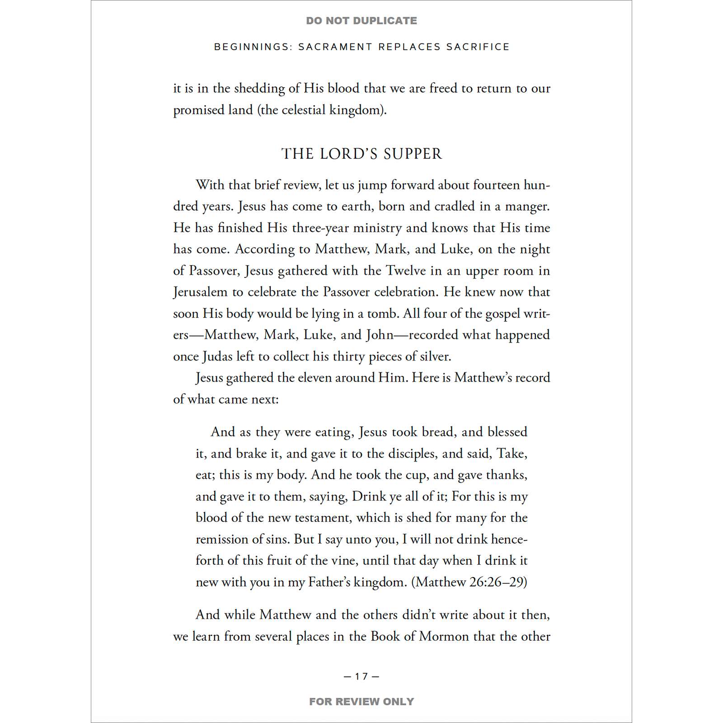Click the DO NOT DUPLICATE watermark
click(x=361, y=21)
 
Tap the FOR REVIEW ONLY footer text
click(x=361, y=701)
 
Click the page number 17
click(x=361, y=676)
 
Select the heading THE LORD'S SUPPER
click(x=361, y=154)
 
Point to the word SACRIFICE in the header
click(x=478, y=47)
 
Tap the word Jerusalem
click(x=200, y=292)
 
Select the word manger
click(x=527, y=207)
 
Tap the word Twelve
click(x=406, y=271)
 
